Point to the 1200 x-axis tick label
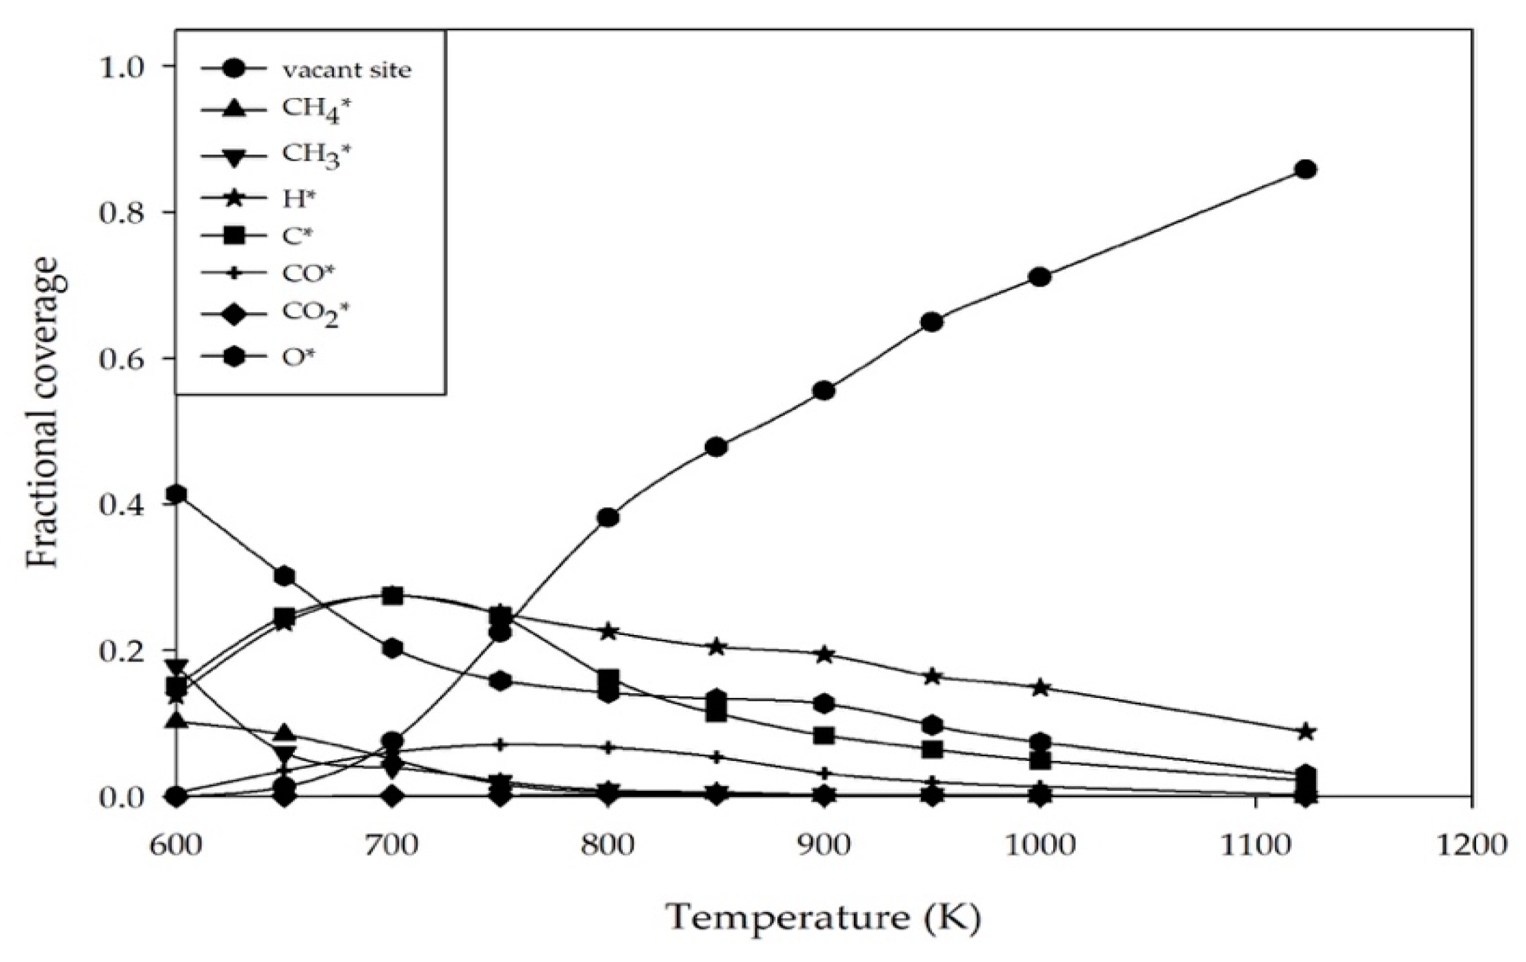click(x=1471, y=844)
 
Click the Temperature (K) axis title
click(x=823, y=918)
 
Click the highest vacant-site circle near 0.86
click(x=1306, y=169)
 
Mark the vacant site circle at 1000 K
click(x=1039, y=277)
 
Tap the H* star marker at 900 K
click(x=824, y=654)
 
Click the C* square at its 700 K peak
click(x=392, y=595)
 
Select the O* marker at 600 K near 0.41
click(x=177, y=494)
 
